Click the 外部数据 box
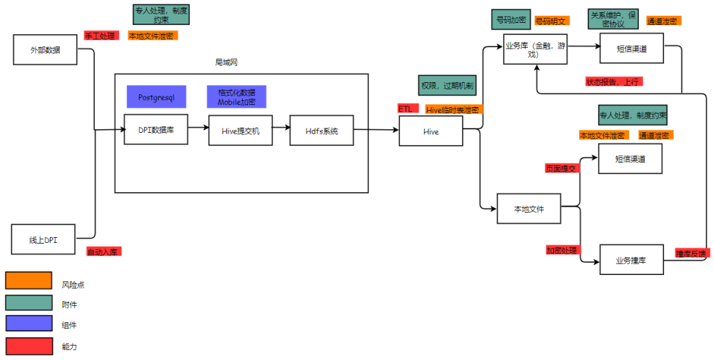[45, 50]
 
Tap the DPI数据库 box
[156, 130]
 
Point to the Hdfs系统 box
[321, 130]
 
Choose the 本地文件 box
[529, 209]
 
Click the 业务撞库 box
[631, 260]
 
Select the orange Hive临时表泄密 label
[453, 109]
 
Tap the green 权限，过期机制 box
[448, 85]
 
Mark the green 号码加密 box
[510, 19]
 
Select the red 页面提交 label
[560, 169]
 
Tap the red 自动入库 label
[104, 251]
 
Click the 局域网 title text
[227, 63]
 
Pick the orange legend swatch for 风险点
[29, 281]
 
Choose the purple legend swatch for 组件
[29, 325]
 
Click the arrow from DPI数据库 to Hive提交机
[198, 130]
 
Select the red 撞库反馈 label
[693, 253]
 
